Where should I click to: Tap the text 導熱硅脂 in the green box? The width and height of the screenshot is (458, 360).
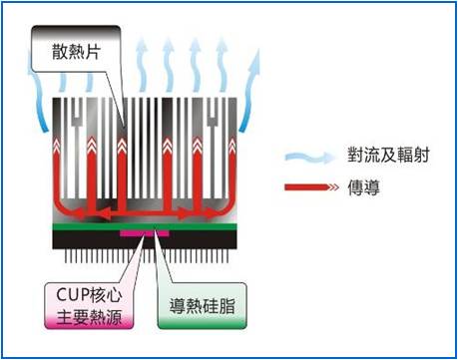click(200, 299)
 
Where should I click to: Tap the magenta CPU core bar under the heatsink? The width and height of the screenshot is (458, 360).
click(140, 233)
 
